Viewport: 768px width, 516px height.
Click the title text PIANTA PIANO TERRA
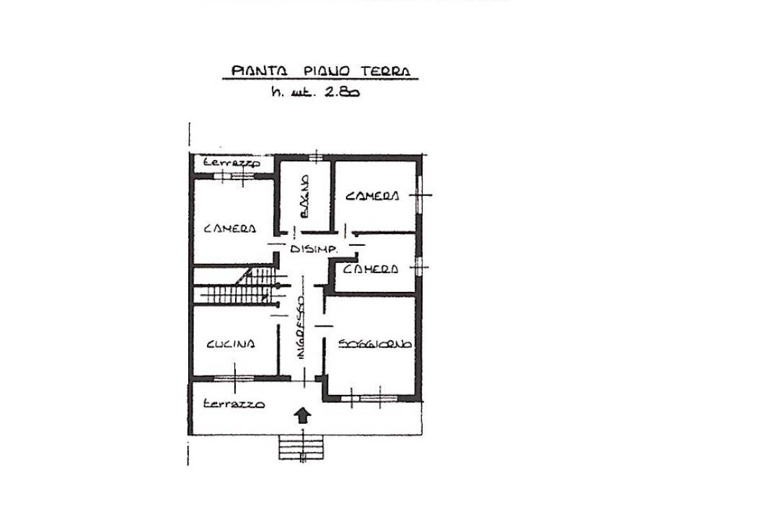point(320,71)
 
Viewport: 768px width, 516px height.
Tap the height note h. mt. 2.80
point(315,92)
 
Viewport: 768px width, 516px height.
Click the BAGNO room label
point(304,197)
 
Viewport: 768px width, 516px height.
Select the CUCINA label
point(230,344)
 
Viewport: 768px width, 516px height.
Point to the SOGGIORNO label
point(375,344)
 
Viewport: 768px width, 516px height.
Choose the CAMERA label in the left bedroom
point(230,228)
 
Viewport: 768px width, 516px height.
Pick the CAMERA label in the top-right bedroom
point(372,196)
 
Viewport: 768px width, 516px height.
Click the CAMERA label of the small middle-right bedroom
point(371,269)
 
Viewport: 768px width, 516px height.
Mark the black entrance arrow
point(303,414)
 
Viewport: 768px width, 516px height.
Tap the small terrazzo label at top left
point(231,163)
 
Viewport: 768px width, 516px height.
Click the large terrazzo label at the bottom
point(233,404)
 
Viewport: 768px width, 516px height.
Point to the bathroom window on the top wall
point(315,156)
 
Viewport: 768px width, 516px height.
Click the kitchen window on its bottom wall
point(234,377)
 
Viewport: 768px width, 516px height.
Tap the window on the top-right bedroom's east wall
point(420,194)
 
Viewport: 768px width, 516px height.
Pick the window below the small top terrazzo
point(235,175)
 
